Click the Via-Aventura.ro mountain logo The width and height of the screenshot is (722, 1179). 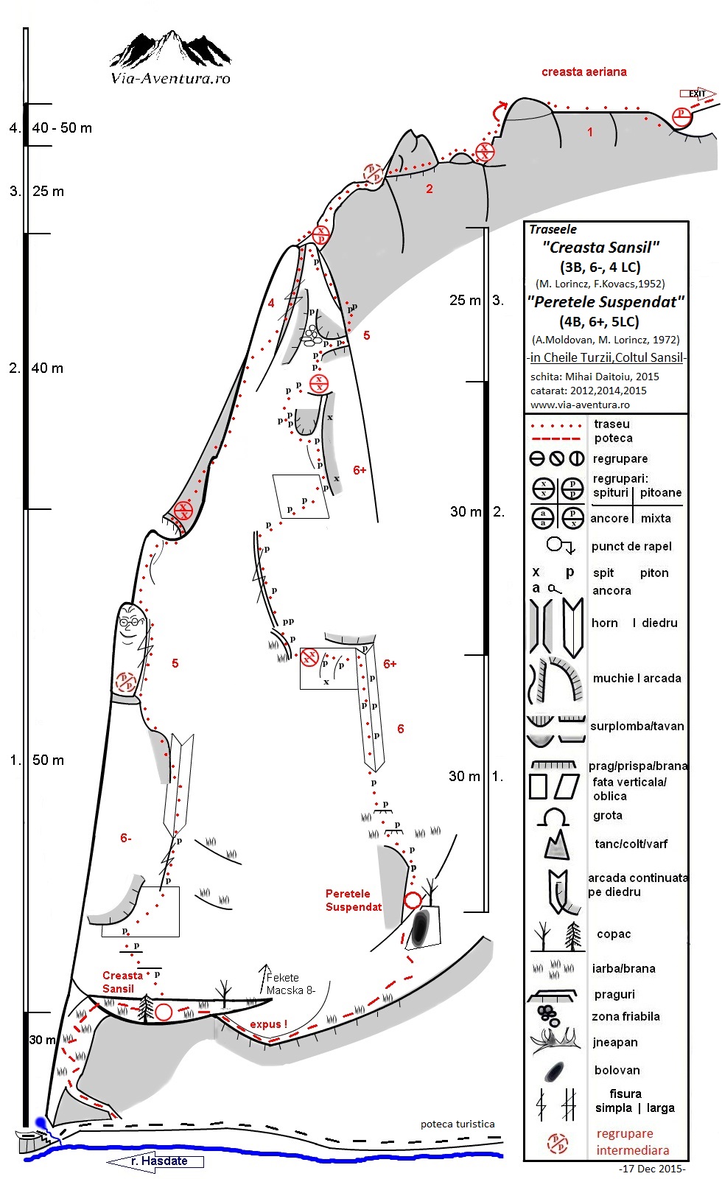point(170,58)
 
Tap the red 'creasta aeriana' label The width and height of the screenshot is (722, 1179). point(584,71)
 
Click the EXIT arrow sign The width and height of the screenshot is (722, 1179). point(698,94)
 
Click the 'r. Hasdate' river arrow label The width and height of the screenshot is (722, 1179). point(155,1161)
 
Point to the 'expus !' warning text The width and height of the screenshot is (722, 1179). point(268,1024)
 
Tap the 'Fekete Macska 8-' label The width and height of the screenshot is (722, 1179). point(290,984)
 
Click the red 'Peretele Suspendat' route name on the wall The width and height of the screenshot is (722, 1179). point(354,900)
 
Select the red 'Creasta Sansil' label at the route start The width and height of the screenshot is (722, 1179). point(122,982)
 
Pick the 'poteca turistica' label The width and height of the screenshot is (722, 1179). point(458,1124)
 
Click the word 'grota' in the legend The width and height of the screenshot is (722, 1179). point(608,815)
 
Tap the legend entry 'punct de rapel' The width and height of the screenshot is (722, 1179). point(631,546)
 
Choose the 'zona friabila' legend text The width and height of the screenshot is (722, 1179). point(625,1016)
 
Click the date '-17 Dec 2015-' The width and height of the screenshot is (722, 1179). point(653,1169)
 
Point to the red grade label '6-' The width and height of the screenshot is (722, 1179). point(126,838)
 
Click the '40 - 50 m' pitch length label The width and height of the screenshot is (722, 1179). point(62,128)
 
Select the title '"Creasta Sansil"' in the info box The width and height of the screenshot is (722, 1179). point(601,248)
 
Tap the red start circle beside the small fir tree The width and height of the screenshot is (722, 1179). point(164,1012)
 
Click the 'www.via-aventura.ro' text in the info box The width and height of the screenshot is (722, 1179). point(580,405)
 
